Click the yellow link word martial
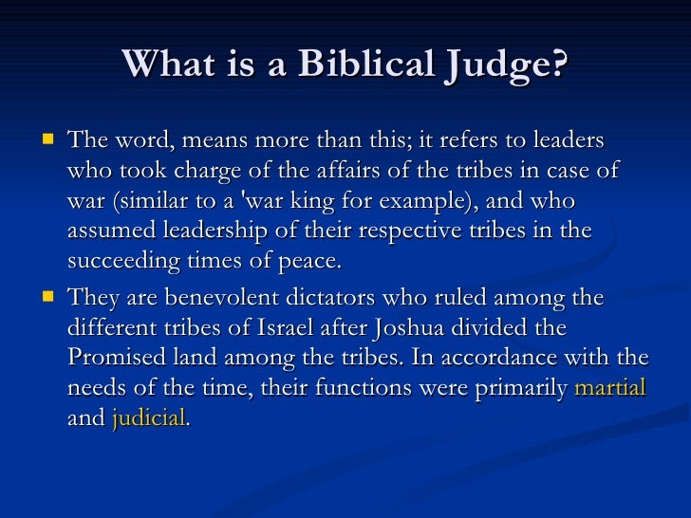click(610, 389)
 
